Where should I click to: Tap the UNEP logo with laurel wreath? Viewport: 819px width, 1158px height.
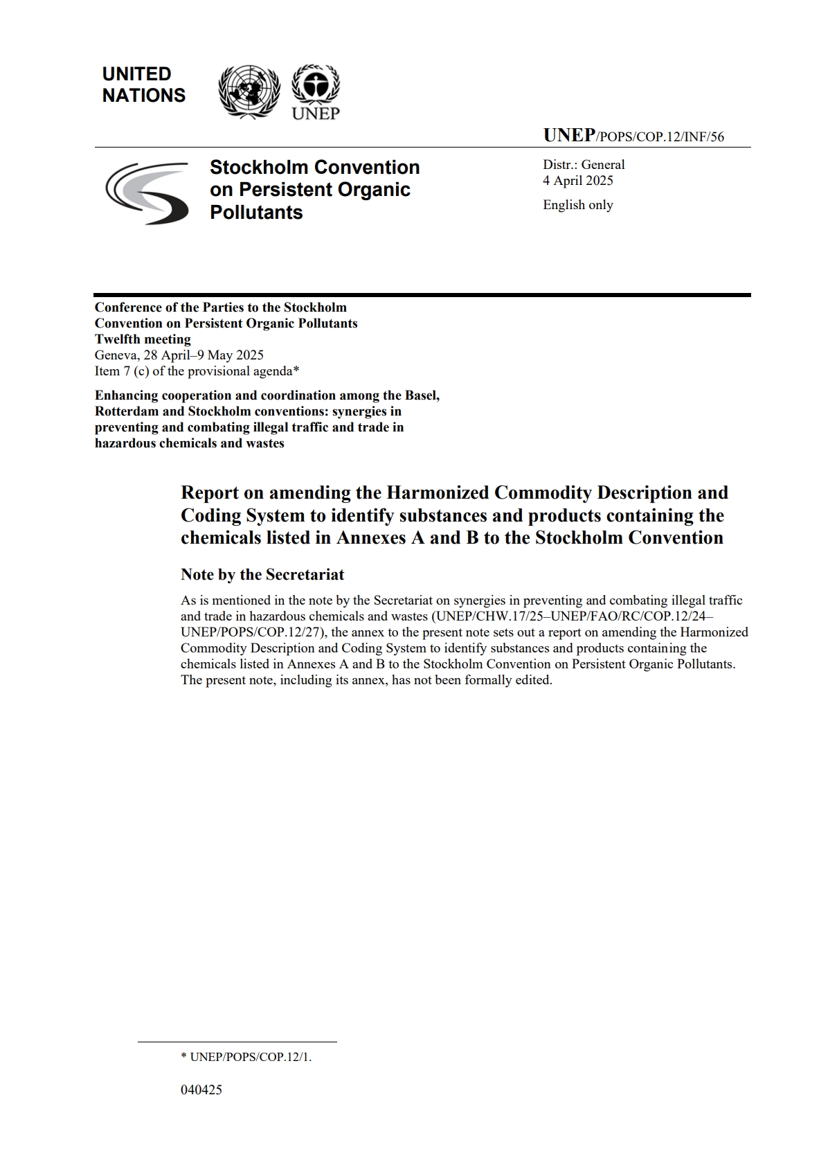click(x=315, y=91)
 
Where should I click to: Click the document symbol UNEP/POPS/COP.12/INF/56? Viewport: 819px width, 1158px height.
click(x=633, y=136)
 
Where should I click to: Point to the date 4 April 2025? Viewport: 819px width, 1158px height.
click(x=578, y=181)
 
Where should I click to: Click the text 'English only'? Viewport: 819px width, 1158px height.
click(x=578, y=205)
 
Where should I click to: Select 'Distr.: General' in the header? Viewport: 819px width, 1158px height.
click(x=584, y=165)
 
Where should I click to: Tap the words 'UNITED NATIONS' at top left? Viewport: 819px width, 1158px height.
click(x=143, y=84)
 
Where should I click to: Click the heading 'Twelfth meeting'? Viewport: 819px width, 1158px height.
click(x=143, y=339)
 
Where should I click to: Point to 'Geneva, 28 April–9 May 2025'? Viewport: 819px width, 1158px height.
click(x=179, y=355)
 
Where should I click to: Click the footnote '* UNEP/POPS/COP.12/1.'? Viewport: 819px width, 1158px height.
click(x=246, y=1058)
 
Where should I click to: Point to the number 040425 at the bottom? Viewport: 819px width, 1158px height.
click(x=201, y=1089)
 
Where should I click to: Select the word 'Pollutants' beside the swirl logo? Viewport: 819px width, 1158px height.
click(x=256, y=212)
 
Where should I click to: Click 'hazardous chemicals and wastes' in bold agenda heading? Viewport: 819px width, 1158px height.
click(x=189, y=443)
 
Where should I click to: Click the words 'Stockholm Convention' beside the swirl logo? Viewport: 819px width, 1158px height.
click(x=314, y=168)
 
